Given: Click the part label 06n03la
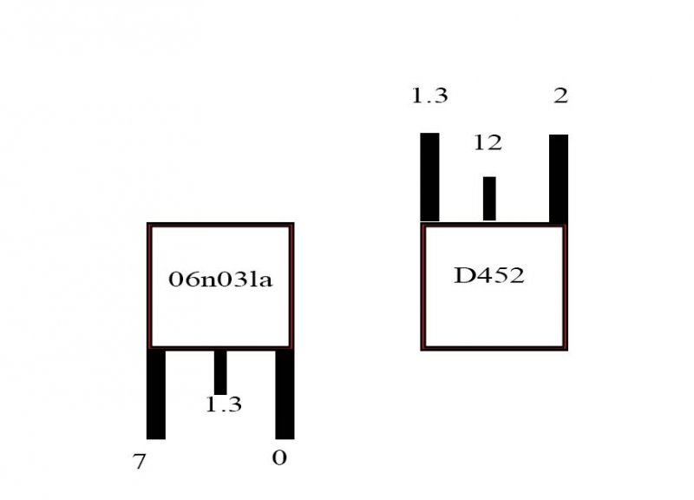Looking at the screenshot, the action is (220, 280).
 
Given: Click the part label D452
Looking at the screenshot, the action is (489, 275).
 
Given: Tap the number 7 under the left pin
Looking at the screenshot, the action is (139, 462).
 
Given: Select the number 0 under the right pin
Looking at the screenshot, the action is (279, 457).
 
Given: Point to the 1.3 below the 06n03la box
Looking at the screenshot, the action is (224, 405).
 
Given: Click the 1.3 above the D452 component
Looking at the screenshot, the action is (429, 95).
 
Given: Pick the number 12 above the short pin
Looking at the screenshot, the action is (488, 142).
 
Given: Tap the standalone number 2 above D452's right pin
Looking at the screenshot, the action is (560, 95).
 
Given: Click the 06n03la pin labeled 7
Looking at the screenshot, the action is (156, 394).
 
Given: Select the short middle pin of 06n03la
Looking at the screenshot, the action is (220, 372).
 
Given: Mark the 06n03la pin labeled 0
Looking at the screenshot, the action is (285, 394).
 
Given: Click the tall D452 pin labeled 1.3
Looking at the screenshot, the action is (429, 177).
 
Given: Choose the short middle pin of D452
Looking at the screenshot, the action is (489, 199).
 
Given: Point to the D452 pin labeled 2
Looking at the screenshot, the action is (559, 179).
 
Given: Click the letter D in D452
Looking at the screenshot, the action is (463, 275).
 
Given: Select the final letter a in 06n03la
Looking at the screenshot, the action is (265, 281).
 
